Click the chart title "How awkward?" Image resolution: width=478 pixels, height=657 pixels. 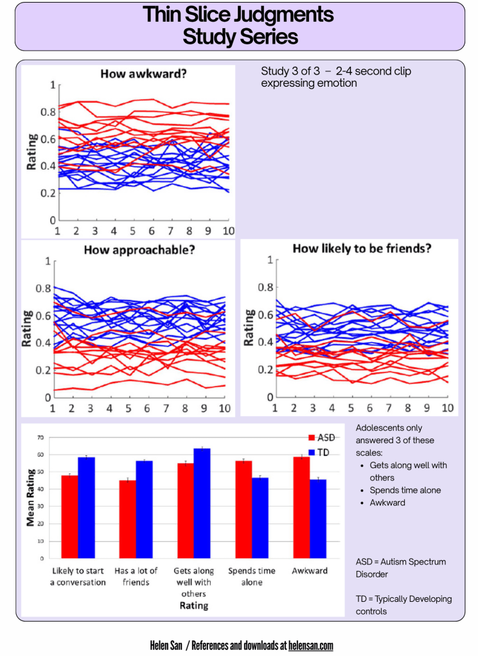(143, 74)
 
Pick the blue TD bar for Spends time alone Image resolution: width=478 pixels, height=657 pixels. (260, 518)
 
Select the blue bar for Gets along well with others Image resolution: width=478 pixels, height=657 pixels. (202, 503)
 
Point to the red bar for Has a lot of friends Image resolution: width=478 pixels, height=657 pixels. (128, 519)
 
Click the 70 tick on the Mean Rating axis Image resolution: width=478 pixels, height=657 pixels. (40, 438)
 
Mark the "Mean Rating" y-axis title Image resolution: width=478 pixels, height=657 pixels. (30, 498)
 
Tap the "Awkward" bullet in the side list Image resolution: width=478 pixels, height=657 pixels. (387, 502)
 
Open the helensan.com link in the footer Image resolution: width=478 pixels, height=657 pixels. (311, 645)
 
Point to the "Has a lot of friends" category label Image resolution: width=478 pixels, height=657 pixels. (136, 576)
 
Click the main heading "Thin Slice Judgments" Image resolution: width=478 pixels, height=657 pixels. (239, 14)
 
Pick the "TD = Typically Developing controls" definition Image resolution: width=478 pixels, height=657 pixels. (403, 605)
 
